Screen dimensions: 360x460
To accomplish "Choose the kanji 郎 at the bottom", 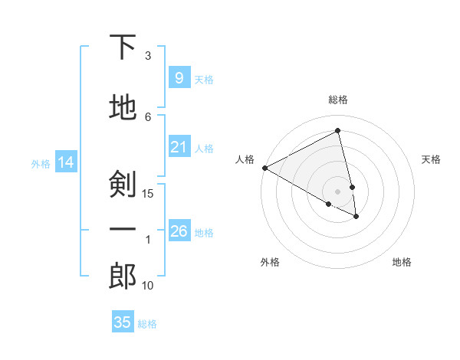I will pos(123,276).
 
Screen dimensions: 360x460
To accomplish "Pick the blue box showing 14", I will pos(65,162).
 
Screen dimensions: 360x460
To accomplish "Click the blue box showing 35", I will pos(123,322).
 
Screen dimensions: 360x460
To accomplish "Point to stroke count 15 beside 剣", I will pos(148,193).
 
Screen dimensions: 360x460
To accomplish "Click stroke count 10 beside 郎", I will pos(148,286).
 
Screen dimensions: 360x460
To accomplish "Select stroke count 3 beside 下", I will pos(148,55).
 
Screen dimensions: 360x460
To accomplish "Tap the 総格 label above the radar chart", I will pos(338,100).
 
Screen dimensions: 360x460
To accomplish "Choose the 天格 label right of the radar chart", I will pos(431,159).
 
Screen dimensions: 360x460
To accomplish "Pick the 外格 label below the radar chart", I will pos(270,262).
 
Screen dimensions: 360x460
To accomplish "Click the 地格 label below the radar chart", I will pos(402,262).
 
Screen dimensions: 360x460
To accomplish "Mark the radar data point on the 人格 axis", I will pos(264,167).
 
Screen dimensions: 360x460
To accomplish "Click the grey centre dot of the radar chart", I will pos(338,191).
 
